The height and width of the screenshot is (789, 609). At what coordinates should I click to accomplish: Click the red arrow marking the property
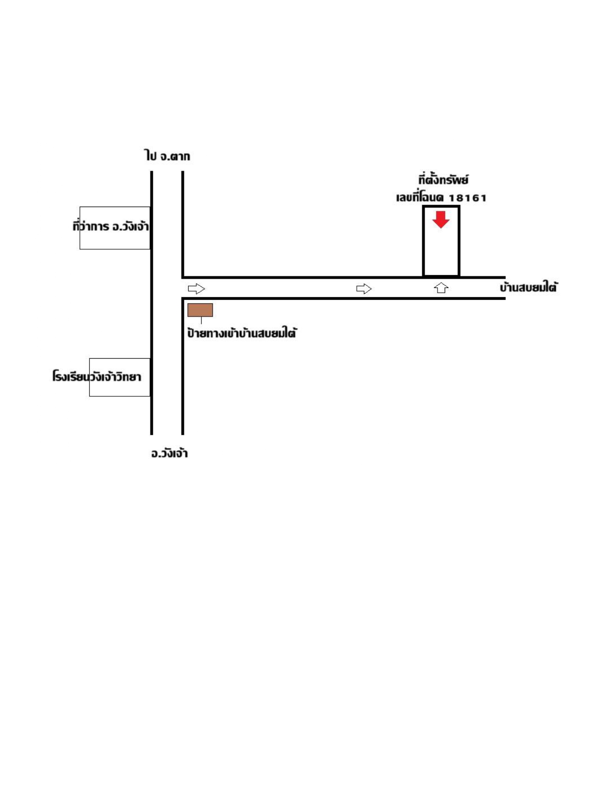pyautogui.click(x=441, y=219)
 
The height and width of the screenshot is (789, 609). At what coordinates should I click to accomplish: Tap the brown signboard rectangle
pyautogui.click(x=200, y=310)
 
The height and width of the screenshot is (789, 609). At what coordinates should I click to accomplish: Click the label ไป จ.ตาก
pyautogui.click(x=167, y=156)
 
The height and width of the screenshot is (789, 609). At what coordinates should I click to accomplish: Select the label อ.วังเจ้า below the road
pyautogui.click(x=170, y=453)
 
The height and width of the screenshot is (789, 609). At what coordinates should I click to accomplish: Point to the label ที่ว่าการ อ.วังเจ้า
pyautogui.click(x=111, y=226)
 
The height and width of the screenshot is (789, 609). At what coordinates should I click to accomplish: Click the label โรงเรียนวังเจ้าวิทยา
pyautogui.click(x=96, y=376)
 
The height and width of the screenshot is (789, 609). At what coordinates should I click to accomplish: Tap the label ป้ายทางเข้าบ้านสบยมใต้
pyautogui.click(x=242, y=333)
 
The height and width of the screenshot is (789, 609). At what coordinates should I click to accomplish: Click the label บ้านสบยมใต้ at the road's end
pyautogui.click(x=528, y=287)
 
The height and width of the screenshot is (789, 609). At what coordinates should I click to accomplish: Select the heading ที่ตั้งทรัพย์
pyautogui.click(x=443, y=179)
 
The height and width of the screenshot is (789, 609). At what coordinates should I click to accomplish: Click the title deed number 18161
pyautogui.click(x=468, y=198)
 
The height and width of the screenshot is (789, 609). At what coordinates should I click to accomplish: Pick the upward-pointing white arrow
pyautogui.click(x=441, y=287)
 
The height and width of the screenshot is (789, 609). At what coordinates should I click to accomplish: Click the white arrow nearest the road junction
pyautogui.click(x=196, y=289)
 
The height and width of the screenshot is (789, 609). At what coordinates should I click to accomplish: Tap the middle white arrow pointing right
pyautogui.click(x=364, y=289)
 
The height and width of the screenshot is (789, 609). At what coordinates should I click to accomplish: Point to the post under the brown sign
pyautogui.click(x=201, y=320)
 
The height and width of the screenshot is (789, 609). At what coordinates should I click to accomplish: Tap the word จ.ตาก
pyautogui.click(x=175, y=156)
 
